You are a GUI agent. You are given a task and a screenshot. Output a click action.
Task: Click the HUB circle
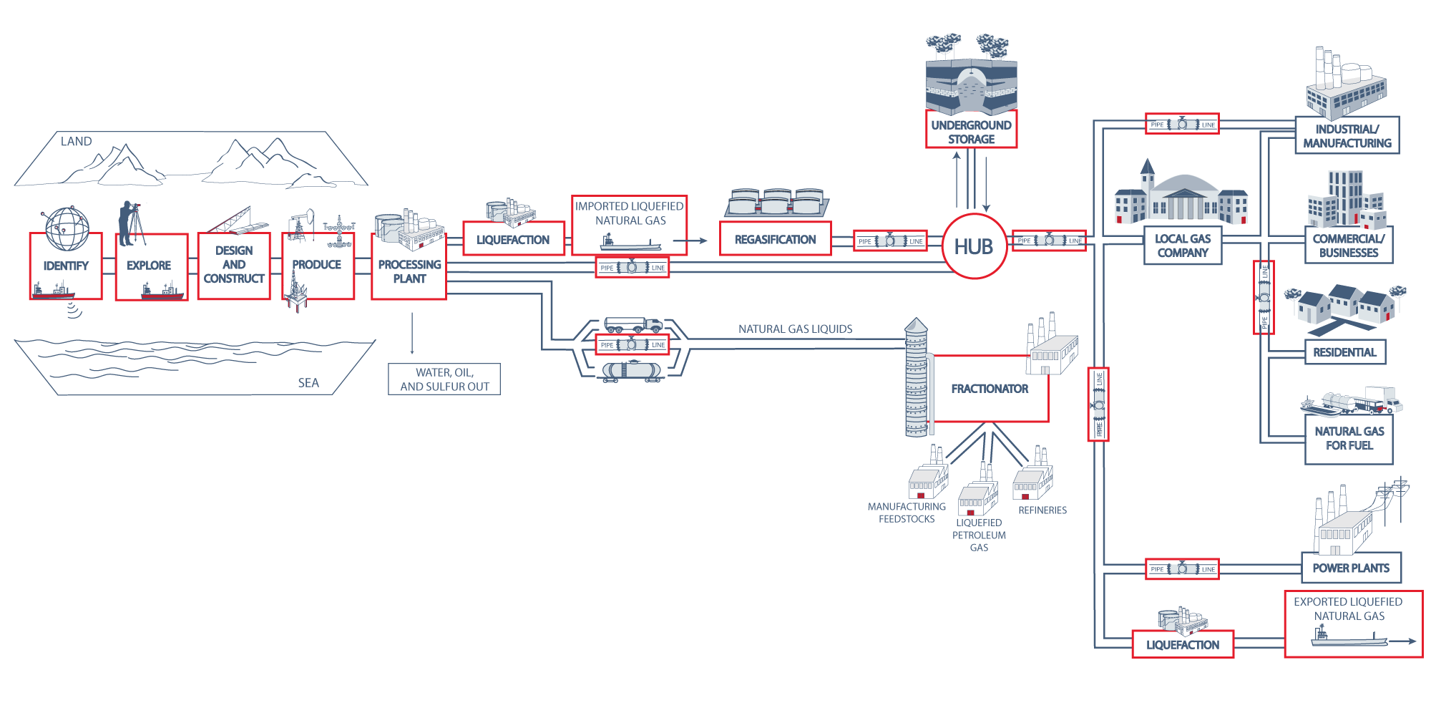point(974,246)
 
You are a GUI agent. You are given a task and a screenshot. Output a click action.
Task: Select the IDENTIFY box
point(66,266)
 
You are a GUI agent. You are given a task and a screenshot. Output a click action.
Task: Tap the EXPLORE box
point(149,266)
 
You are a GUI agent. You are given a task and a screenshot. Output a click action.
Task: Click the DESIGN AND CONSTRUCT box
point(234,265)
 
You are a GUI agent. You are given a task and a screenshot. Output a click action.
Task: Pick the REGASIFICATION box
point(775,239)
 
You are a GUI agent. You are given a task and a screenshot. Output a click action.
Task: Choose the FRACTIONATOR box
point(990,389)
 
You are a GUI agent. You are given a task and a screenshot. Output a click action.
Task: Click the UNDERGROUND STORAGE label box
point(971,131)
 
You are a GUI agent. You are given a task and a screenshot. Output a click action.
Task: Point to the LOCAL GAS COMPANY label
point(1182,246)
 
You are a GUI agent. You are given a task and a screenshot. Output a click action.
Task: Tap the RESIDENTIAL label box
point(1344,352)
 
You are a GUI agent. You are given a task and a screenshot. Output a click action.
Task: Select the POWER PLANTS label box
point(1350,568)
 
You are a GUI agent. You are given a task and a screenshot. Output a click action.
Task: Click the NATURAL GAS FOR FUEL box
point(1349,438)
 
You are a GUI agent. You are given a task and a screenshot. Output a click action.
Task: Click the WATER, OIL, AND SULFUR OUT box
point(444,379)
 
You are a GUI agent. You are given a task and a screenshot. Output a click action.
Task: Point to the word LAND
point(76,142)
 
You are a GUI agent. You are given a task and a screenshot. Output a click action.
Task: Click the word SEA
point(308,383)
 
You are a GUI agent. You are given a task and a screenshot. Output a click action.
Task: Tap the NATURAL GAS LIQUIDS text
point(795,329)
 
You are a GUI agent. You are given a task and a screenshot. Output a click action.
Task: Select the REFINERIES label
point(1042,510)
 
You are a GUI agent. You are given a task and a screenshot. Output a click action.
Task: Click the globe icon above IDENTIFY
point(67,228)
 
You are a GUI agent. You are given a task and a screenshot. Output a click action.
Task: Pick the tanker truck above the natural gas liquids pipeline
point(633,325)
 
